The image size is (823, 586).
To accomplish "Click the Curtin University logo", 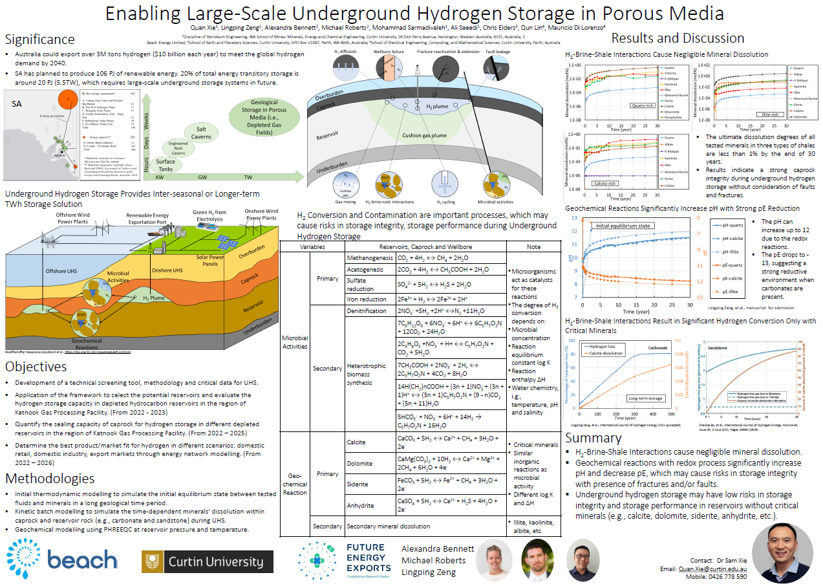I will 208,562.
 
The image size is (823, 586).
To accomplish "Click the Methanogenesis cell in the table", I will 369,257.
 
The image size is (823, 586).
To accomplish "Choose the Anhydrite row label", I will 360,505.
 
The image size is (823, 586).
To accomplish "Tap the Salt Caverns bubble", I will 202,134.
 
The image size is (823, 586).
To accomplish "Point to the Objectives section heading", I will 36,367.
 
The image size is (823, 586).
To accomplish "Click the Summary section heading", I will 593,439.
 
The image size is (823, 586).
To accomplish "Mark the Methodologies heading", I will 49,479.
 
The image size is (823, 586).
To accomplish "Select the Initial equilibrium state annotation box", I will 623,225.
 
